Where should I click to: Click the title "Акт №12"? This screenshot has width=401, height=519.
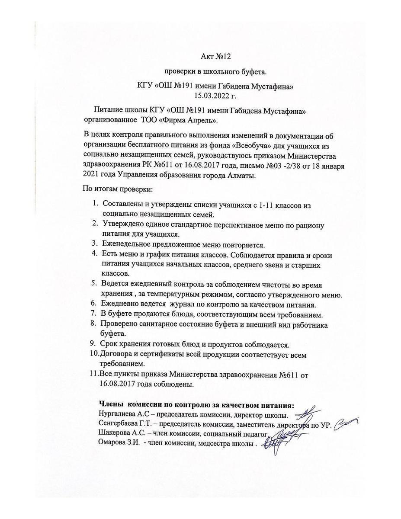(213, 56)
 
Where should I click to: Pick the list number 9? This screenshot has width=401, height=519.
(93, 344)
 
